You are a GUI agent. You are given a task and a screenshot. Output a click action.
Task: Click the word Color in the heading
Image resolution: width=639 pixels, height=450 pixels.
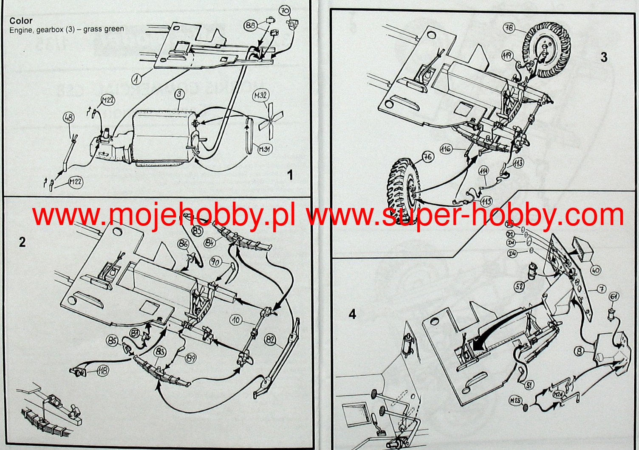[x=21, y=21]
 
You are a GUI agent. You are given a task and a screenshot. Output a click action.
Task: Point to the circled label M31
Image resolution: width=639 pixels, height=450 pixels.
[x=266, y=149]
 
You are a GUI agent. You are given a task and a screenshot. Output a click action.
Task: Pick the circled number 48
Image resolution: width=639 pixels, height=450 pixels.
[x=68, y=118]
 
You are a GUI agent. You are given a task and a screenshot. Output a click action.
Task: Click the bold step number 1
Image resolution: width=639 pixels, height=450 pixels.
[x=290, y=175]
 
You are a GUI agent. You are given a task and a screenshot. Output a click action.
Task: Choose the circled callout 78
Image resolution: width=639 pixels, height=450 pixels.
[x=509, y=28]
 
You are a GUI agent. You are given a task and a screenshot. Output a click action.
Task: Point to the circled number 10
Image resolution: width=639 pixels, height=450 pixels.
[x=237, y=320]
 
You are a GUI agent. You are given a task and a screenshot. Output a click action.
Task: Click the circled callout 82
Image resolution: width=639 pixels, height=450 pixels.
[x=270, y=340]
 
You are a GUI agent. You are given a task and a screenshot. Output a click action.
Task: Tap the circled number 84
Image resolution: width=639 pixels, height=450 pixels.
[x=209, y=243]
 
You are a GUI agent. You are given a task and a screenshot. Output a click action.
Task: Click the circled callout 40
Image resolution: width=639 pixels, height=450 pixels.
[x=596, y=270]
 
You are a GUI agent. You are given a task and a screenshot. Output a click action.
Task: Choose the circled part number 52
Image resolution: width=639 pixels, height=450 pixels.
[x=520, y=287]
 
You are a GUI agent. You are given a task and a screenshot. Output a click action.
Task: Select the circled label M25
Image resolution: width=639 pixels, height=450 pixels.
[x=515, y=400]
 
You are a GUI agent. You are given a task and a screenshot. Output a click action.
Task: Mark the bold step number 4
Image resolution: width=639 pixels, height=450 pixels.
[x=352, y=314]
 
